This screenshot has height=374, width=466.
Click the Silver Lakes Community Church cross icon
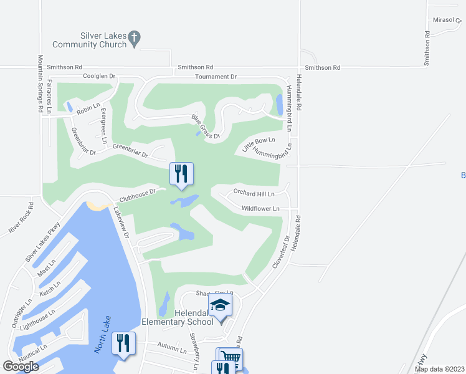click(134, 40)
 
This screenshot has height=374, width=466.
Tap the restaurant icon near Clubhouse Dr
click(181, 174)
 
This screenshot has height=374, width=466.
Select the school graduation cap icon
click(221, 306)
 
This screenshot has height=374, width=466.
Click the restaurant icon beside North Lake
click(123, 344)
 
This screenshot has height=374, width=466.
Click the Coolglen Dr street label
click(100, 76)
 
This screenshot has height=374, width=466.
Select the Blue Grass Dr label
click(206, 127)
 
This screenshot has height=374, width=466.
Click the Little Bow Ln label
click(259, 145)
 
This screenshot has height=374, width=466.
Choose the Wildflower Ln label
click(260, 208)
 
